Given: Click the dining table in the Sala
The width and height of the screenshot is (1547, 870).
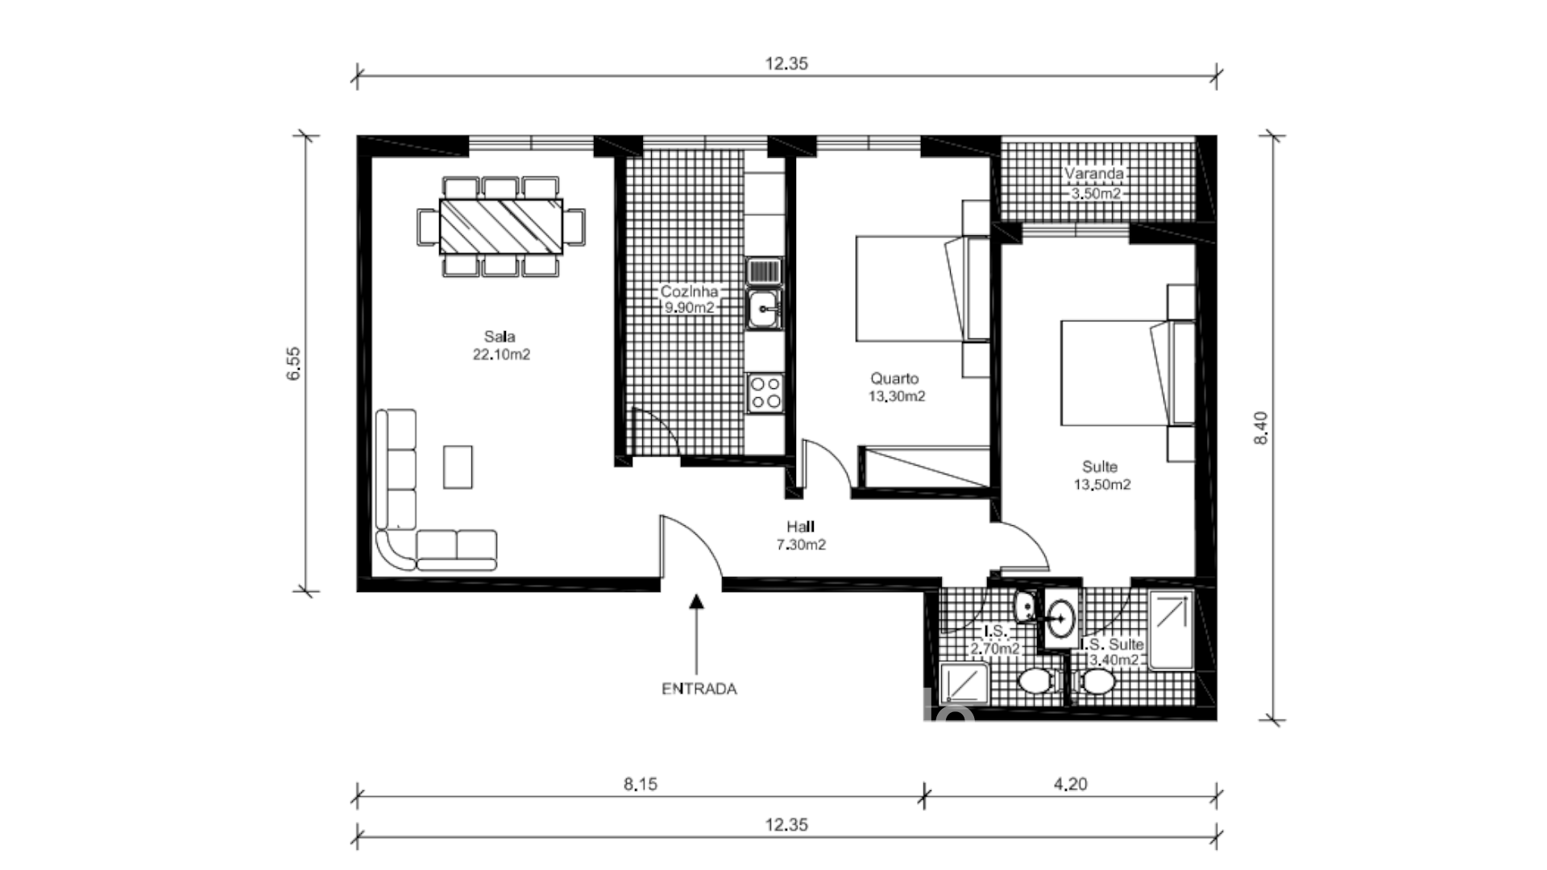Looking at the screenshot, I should point(500,227).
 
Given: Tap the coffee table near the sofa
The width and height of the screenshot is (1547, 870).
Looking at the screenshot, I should point(458,466).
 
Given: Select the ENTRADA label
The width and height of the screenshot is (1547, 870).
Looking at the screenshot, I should point(699,690).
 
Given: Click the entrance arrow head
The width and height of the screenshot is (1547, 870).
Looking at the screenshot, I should point(697,599).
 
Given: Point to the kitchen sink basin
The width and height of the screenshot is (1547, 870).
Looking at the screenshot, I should point(762,309).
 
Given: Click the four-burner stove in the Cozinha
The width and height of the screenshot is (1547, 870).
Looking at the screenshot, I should point(765,393).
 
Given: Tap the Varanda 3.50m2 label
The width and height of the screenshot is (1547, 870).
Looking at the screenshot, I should point(1093,184).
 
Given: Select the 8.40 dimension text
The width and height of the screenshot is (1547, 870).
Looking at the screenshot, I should point(1261,428).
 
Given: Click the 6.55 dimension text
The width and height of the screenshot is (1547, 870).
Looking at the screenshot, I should point(294,363).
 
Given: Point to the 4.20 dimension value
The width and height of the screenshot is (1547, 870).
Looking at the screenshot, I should point(1070,784).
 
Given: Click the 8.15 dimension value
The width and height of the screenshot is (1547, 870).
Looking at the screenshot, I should point(640,784).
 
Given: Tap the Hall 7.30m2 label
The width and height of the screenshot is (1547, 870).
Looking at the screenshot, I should point(800,536).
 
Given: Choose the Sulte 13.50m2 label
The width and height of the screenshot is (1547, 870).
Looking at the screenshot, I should point(1101,475).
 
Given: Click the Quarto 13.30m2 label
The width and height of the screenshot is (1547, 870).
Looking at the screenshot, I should point(895,387).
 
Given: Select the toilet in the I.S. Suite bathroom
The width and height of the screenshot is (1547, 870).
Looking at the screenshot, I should point(1097,683).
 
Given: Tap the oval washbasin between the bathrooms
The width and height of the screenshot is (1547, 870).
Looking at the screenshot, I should point(1061,619).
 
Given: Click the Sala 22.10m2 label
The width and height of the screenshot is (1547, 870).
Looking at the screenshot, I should point(500,346).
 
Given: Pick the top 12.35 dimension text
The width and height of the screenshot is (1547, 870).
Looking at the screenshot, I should point(786,64).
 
